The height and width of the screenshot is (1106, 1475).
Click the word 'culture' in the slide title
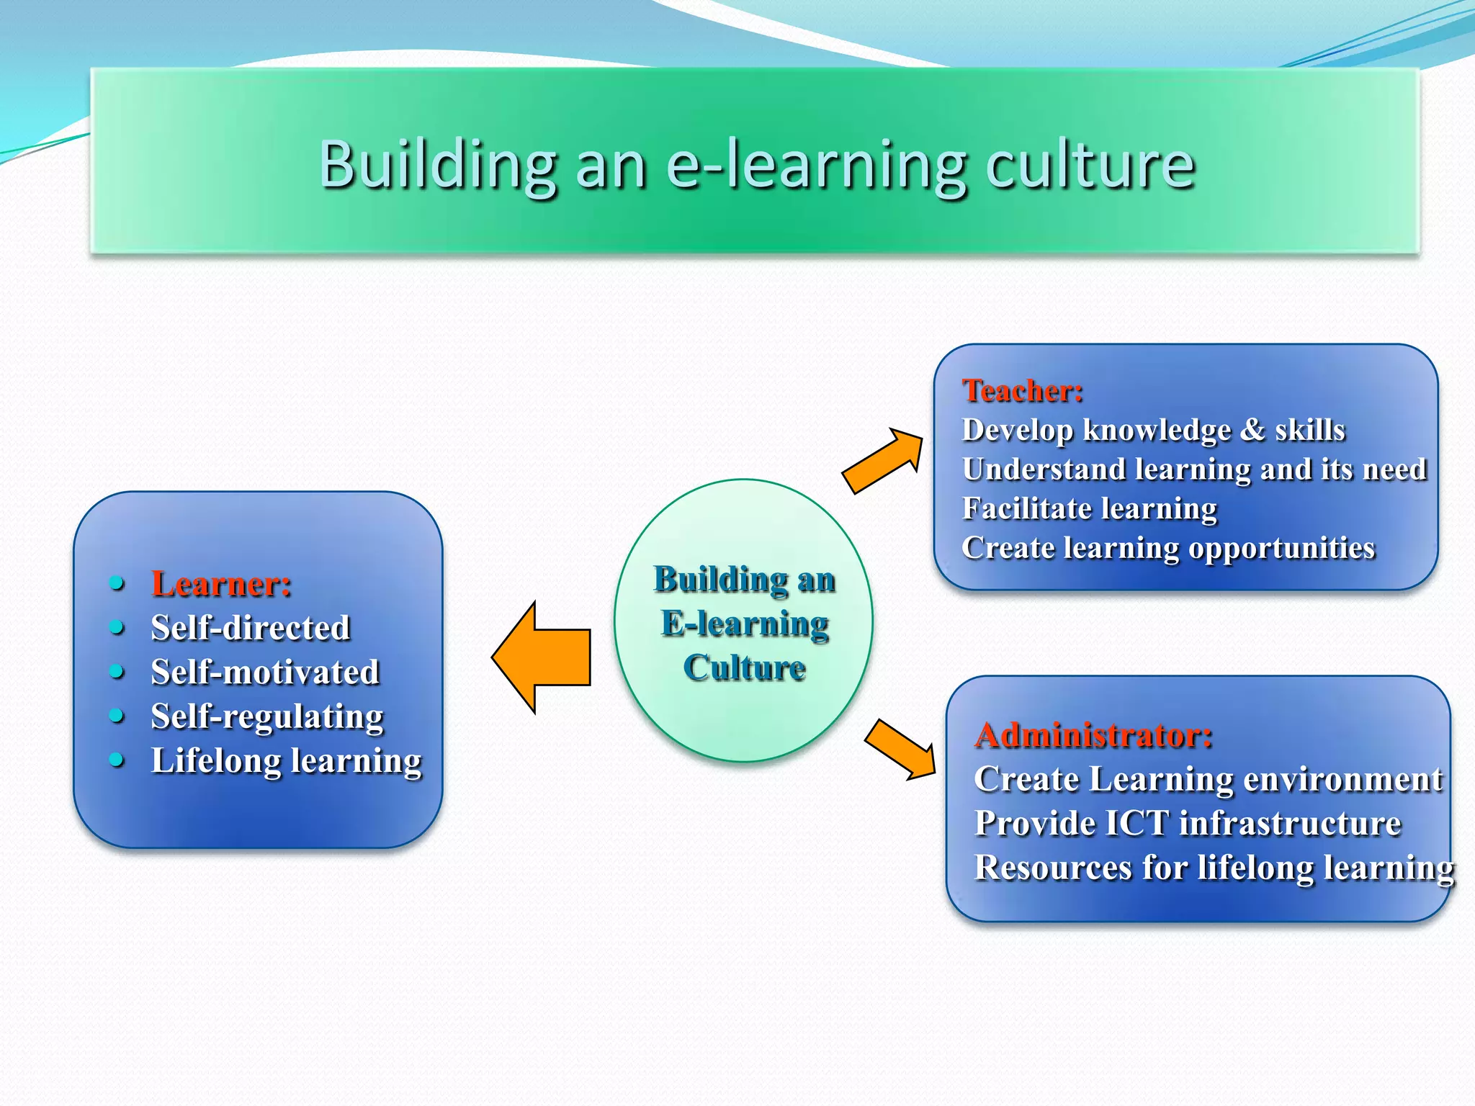point(1090,165)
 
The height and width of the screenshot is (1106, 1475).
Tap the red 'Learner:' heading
point(221,583)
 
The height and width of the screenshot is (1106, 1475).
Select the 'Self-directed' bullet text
point(251,628)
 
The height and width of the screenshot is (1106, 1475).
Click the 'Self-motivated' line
point(265,672)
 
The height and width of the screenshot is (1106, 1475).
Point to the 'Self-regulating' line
point(267,716)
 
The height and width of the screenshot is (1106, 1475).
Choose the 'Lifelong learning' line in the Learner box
point(286,761)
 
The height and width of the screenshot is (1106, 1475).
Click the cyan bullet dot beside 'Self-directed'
point(117,627)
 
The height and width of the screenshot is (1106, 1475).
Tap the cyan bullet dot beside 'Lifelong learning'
point(117,760)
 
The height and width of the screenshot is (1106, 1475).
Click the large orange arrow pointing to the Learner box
point(544,657)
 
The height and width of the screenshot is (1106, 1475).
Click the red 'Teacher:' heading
point(1023,391)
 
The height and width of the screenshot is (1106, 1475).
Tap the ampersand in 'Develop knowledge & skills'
point(1253,430)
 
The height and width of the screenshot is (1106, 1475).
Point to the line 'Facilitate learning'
point(1090,508)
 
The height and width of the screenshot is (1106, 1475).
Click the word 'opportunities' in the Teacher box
point(1282,549)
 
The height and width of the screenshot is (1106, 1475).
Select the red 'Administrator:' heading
point(1093,735)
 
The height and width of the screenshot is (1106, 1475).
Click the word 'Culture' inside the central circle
point(744,667)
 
